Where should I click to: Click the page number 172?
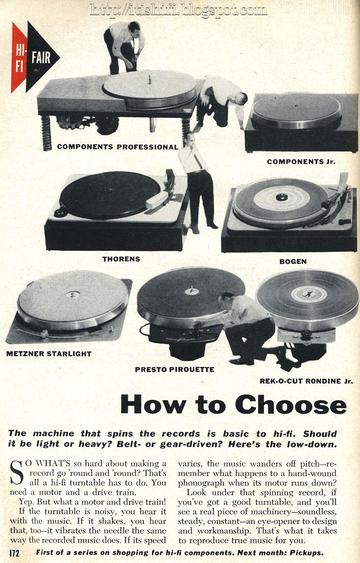point(14,553)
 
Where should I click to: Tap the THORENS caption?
point(121,259)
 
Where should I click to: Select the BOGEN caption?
point(293,262)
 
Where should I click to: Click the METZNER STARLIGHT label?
point(49,354)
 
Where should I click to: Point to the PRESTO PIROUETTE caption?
point(174,369)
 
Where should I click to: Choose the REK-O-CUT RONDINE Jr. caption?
point(306,381)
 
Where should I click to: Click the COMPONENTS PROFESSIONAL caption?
point(118,147)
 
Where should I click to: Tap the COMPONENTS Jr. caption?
point(301,162)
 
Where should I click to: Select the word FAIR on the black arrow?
point(41,58)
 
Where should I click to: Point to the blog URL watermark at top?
point(179,10)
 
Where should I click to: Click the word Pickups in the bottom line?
point(307,553)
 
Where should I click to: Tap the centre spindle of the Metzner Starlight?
point(72,294)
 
